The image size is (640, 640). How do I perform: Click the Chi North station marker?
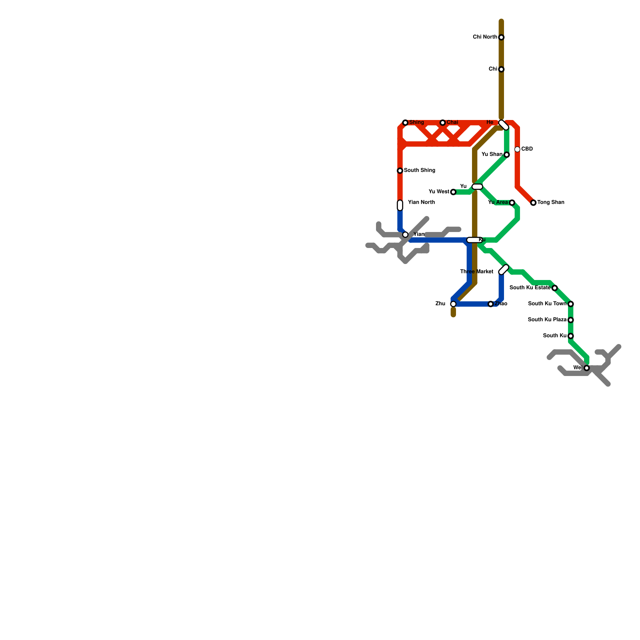[501, 38]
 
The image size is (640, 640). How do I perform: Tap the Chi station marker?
[501, 70]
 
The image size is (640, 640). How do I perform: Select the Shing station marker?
[405, 123]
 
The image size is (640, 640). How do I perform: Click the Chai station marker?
[442, 123]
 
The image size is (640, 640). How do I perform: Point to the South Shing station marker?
[400, 171]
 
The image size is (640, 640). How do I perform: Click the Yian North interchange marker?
[400, 205]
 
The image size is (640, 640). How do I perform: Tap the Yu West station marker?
[453, 192]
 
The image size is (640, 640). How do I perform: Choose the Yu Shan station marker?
[507, 155]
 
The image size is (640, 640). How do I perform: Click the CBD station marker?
[517, 150]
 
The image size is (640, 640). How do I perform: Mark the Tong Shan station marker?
[533, 203]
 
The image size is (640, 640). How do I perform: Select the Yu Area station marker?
[512, 203]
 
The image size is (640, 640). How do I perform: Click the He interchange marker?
[504, 125]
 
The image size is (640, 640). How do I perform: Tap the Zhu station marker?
[453, 304]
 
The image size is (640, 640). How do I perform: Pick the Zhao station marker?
[491, 304]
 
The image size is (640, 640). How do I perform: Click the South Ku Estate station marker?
[554, 288]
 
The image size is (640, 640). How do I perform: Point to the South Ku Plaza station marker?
[571, 320]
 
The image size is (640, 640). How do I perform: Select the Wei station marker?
[586, 368]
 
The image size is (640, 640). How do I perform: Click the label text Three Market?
[476, 272]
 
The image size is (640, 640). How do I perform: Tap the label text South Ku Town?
[547, 304]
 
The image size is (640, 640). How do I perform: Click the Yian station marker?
[405, 235]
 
